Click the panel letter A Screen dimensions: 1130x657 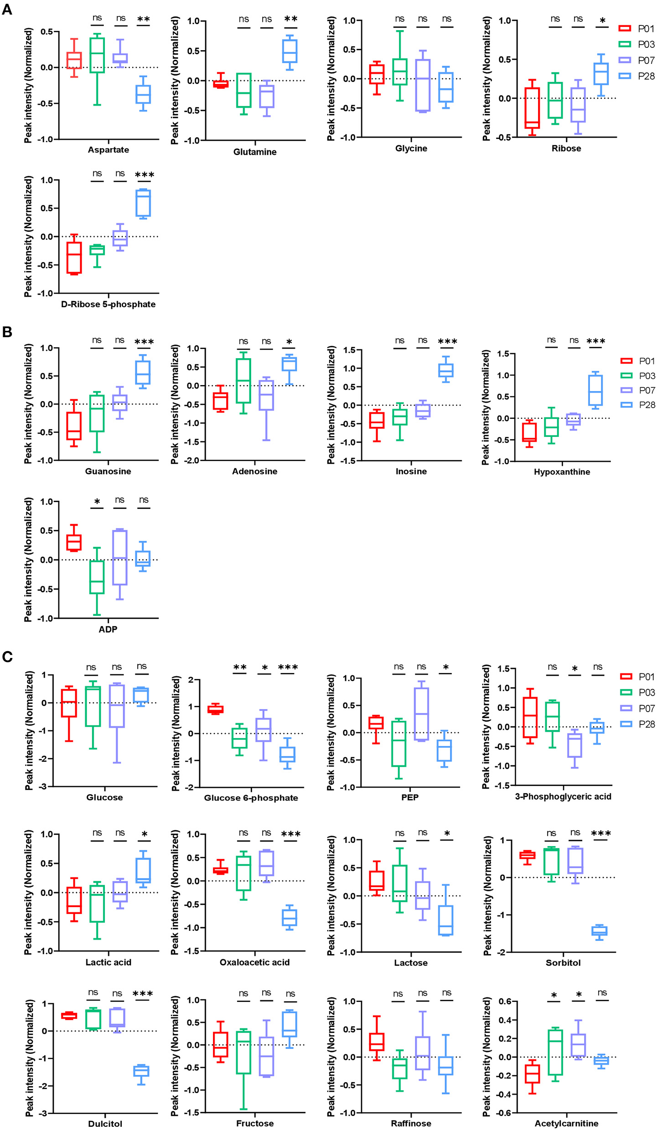tap(7, 9)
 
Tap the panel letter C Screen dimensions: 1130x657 tap(7, 657)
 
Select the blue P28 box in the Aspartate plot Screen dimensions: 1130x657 tap(144, 94)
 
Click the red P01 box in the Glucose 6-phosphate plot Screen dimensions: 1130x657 tap(215, 709)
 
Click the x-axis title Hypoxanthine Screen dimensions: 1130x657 tap(562, 472)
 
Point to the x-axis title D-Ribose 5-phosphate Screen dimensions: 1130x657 tap(108, 304)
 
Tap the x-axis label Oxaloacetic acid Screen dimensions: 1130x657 tap(254, 962)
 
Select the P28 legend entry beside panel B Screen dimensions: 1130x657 tap(638, 405)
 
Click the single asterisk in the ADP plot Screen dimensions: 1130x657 tap(97, 502)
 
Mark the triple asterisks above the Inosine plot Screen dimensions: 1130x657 tap(447, 342)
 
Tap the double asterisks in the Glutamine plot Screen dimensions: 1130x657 tap(290, 19)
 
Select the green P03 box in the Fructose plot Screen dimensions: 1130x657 tap(243, 1052)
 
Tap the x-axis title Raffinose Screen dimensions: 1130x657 tap(411, 1123)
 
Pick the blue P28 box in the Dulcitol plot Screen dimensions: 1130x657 tap(141, 1071)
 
